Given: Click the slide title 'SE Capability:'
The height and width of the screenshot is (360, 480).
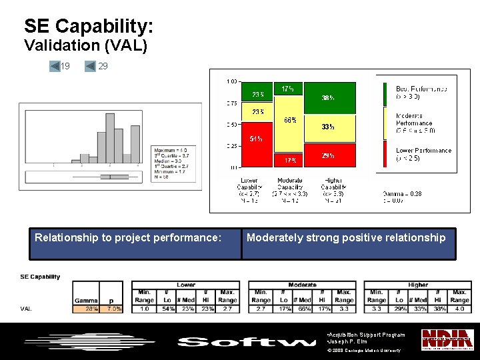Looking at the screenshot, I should point(89,26).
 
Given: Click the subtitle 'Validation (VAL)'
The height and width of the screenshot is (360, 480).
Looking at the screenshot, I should point(85,45).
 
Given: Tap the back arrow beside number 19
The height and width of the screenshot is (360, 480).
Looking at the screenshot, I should point(55,66).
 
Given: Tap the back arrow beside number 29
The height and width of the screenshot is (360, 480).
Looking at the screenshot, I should point(91,66).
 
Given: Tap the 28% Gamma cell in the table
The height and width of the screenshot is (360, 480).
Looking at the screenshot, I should point(86,309).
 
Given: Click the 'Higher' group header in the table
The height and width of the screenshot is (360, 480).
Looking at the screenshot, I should point(418,285).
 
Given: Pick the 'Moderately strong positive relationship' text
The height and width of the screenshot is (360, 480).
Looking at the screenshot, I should point(346,237).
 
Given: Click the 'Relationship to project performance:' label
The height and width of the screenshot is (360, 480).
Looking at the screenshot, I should point(128,237).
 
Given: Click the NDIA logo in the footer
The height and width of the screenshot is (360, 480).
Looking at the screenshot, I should point(447,339).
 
